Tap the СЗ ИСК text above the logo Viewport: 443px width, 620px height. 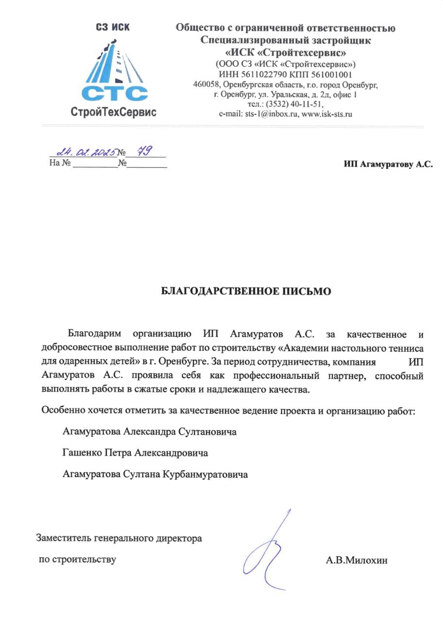tap(113, 27)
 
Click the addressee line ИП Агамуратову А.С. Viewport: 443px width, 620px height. tap(388, 165)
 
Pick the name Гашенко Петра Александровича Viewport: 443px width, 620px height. tap(135, 453)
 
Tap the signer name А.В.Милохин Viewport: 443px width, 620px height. tap(357, 561)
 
